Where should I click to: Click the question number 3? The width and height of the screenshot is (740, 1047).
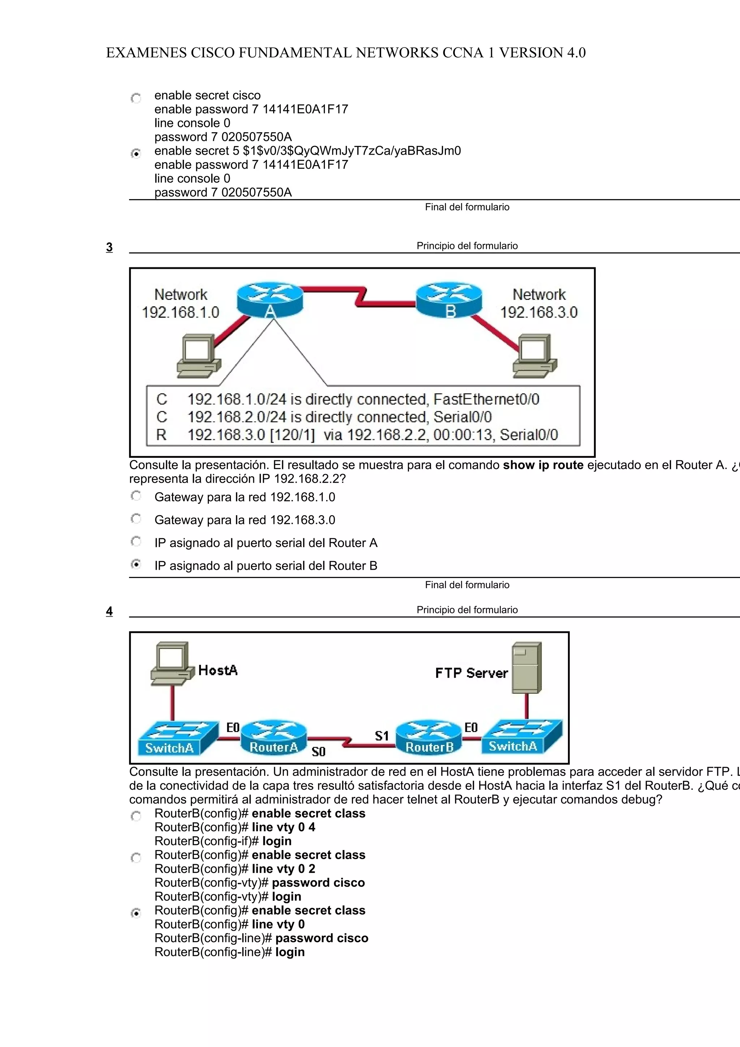point(109,247)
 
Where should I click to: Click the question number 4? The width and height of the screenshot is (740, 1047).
point(109,611)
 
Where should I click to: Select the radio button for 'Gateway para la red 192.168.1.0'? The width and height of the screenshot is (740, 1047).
point(136,496)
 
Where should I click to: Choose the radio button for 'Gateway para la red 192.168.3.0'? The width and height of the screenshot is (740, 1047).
point(136,519)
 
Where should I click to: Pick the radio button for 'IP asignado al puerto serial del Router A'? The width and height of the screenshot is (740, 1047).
point(136,542)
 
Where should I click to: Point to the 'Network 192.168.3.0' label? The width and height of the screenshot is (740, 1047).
point(539,303)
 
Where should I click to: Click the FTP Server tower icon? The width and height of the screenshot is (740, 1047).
point(526,668)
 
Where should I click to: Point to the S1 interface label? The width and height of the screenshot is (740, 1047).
point(382,736)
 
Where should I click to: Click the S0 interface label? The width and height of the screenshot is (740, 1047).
point(318,752)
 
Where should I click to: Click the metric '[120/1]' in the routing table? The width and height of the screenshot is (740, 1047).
point(292,435)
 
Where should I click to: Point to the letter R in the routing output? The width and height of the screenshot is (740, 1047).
point(161,435)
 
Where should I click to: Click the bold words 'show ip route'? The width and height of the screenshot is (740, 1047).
point(543,465)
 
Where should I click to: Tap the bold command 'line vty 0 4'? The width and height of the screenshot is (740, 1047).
point(283,827)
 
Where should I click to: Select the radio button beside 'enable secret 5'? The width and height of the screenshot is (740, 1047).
point(136,154)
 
